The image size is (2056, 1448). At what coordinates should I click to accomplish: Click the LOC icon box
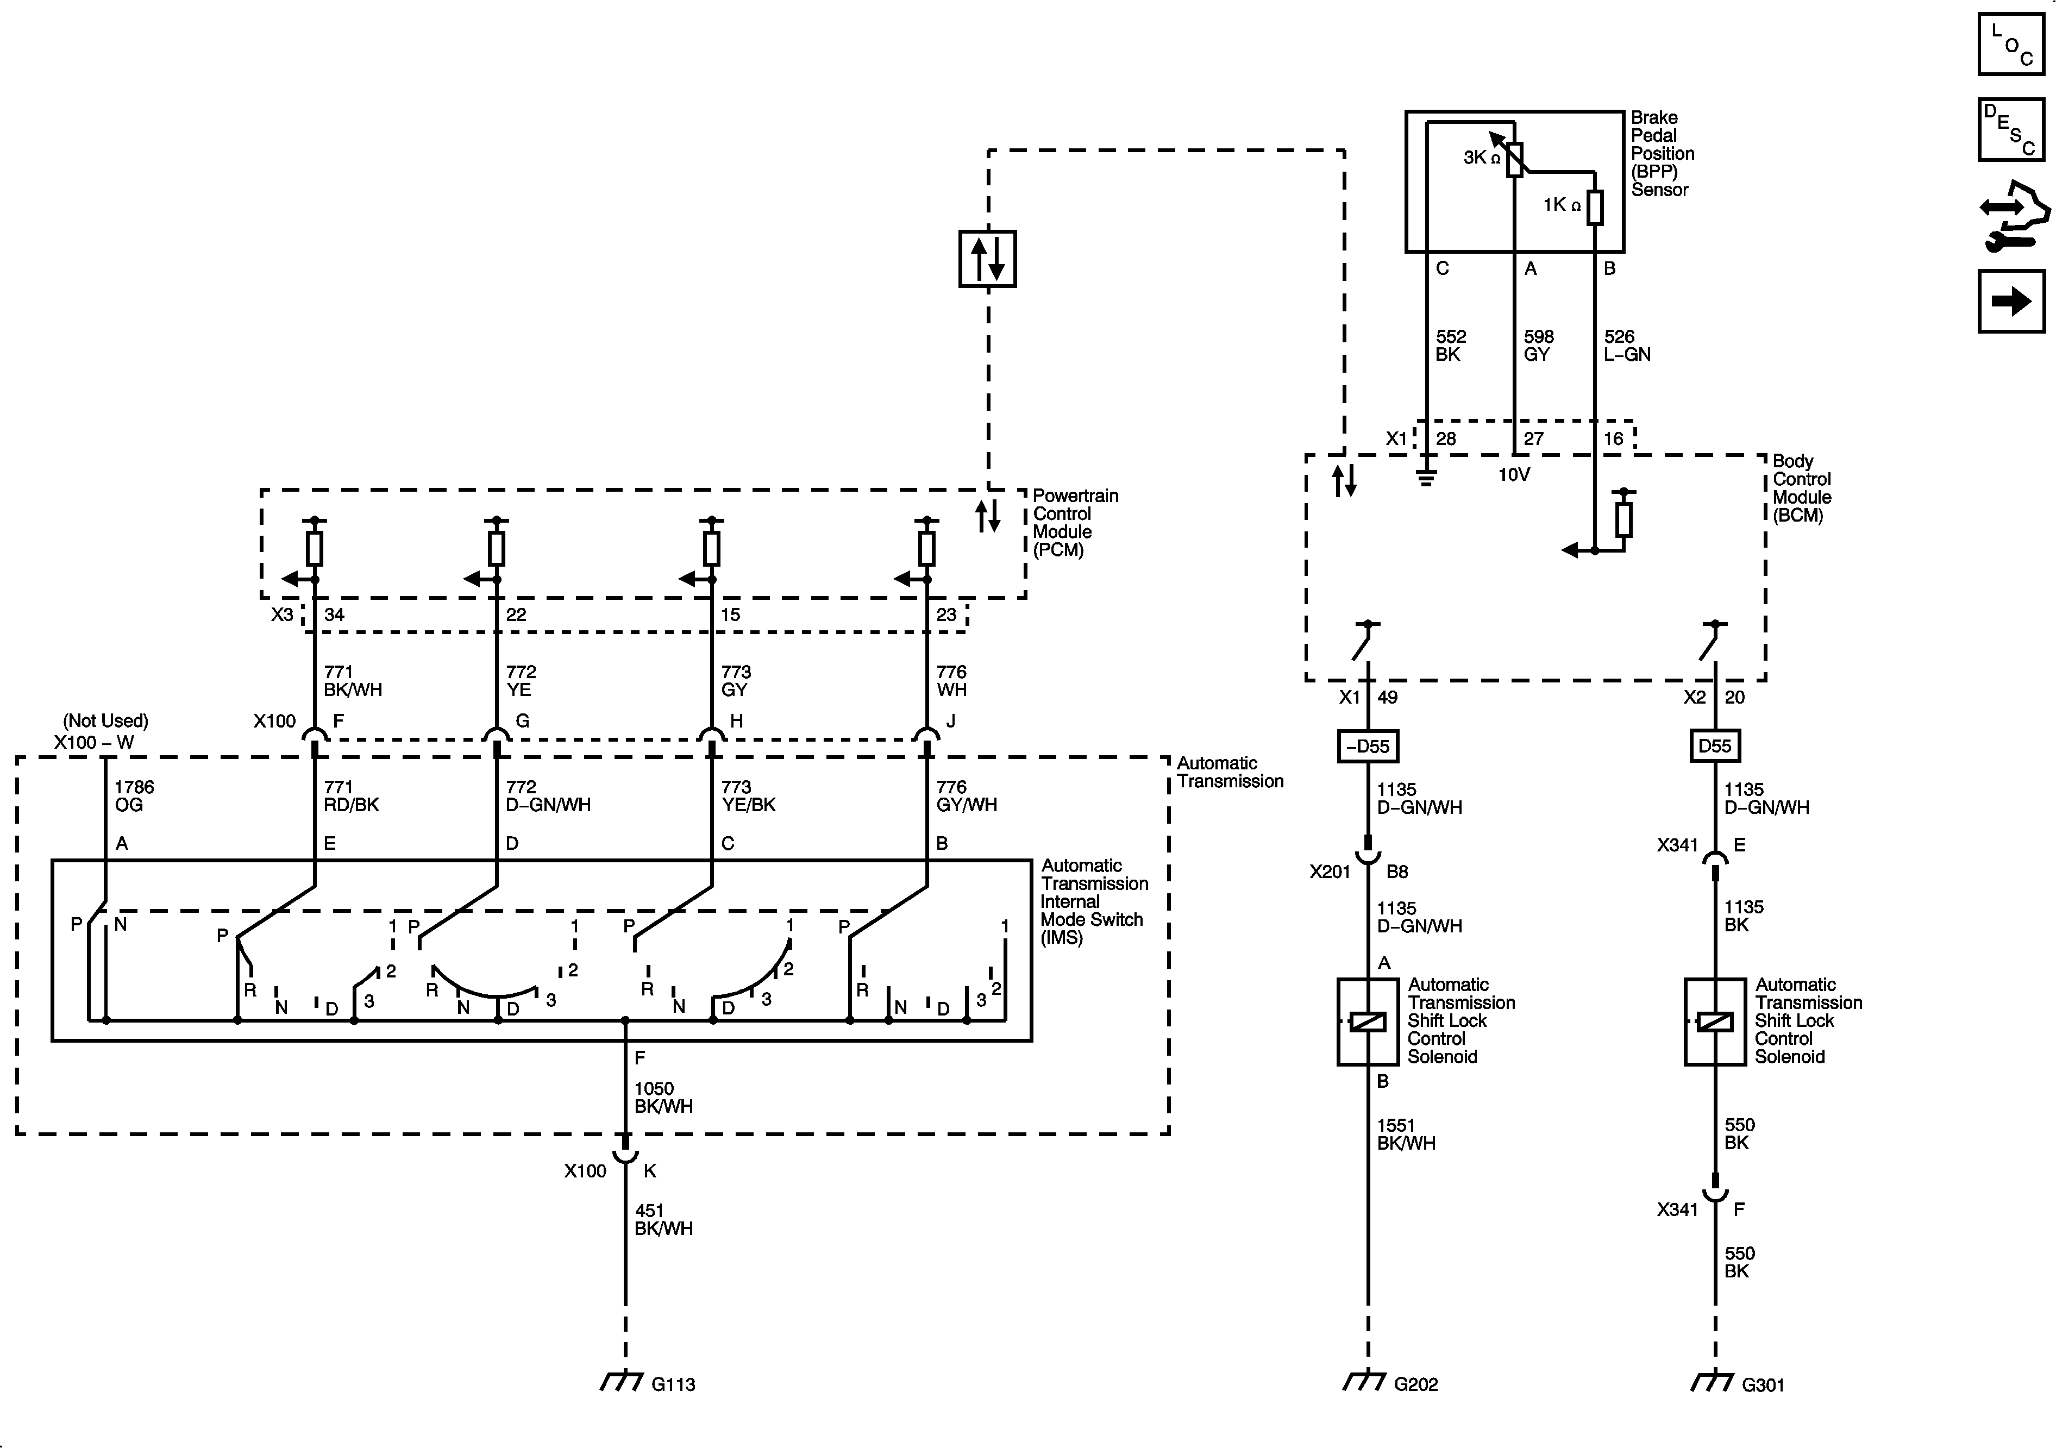click(2011, 44)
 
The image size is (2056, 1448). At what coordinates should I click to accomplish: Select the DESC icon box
click(2011, 130)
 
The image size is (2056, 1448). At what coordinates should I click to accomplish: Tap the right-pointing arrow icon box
click(2011, 301)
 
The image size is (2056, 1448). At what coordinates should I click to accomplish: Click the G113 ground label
click(673, 1384)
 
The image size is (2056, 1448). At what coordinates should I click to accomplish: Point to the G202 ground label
click(1416, 1384)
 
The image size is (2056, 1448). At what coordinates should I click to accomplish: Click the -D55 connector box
click(1368, 746)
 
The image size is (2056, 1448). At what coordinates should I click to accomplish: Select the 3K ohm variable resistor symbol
click(1513, 159)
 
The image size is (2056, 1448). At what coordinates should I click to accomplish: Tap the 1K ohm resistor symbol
click(1595, 207)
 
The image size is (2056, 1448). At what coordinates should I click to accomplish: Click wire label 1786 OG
click(134, 796)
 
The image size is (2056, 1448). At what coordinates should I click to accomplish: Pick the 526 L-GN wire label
click(1626, 346)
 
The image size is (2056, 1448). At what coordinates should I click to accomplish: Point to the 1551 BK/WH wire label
click(1406, 1134)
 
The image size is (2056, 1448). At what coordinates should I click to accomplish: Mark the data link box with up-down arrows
click(988, 259)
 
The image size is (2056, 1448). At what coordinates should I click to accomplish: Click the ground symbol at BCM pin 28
click(1426, 477)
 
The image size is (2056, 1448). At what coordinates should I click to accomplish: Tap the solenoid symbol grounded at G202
click(1368, 1021)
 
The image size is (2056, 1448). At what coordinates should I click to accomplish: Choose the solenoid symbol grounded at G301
click(1715, 1021)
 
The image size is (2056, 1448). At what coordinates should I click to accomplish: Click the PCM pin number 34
click(334, 615)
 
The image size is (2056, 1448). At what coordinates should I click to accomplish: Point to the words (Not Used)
click(105, 721)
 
